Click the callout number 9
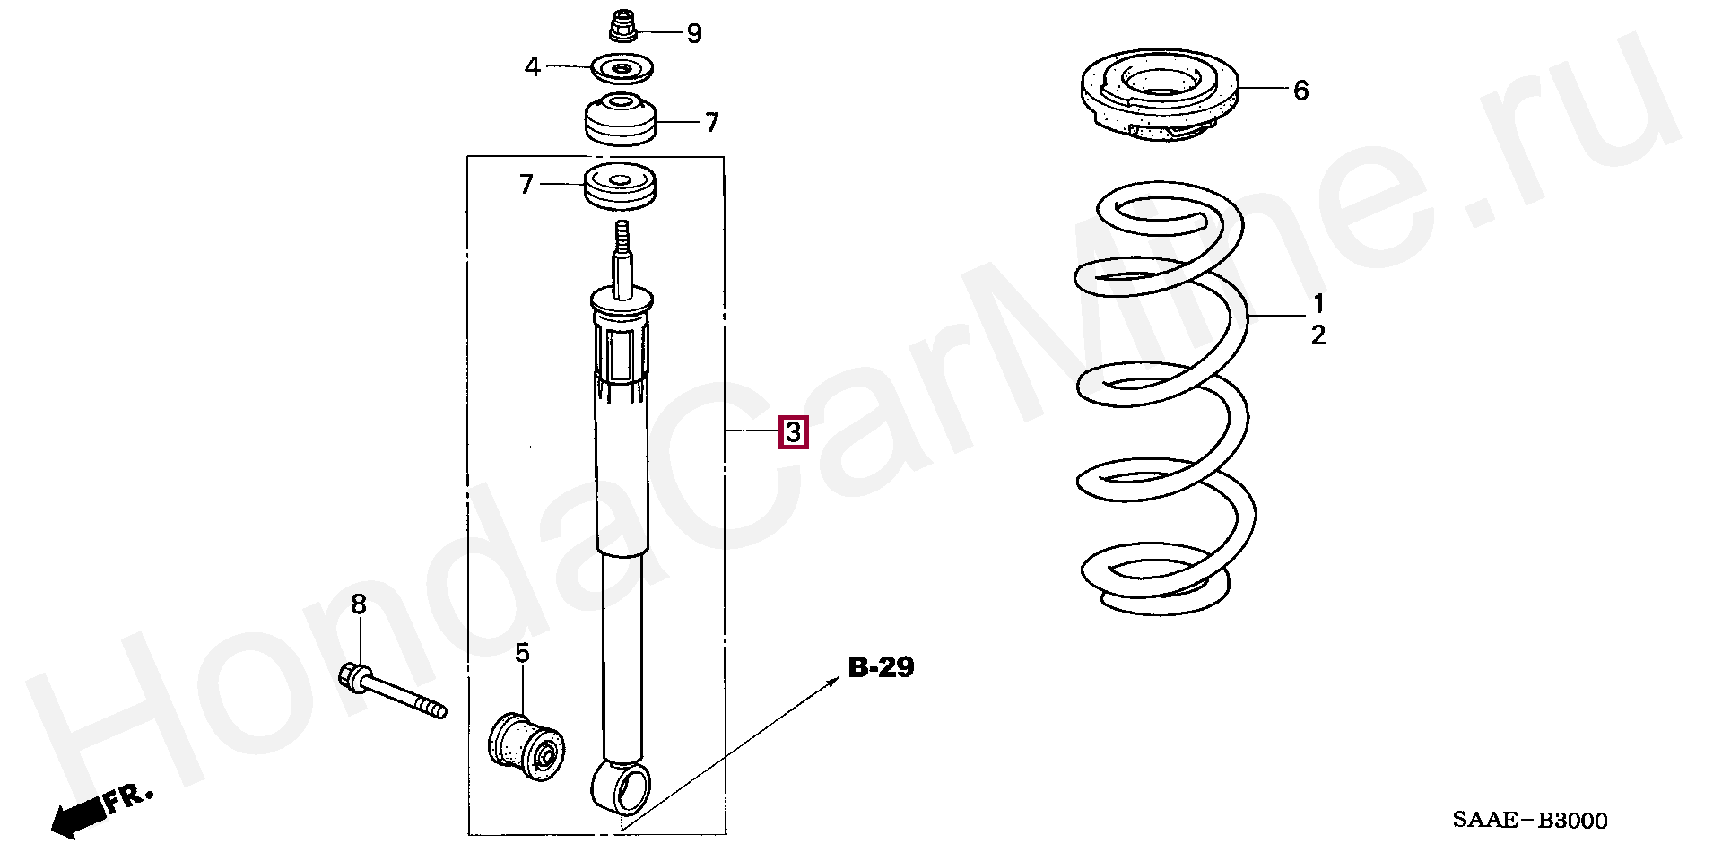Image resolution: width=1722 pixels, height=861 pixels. click(x=694, y=34)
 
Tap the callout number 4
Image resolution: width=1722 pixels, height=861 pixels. click(x=533, y=66)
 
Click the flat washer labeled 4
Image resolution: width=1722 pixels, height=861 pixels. click(x=622, y=67)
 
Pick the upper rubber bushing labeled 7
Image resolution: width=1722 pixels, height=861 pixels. click(x=620, y=119)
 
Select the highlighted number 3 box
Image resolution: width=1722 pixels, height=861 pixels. click(x=794, y=433)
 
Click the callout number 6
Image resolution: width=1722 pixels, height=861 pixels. click(x=1300, y=90)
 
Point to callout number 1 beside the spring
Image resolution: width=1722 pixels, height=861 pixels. click(x=1318, y=302)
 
